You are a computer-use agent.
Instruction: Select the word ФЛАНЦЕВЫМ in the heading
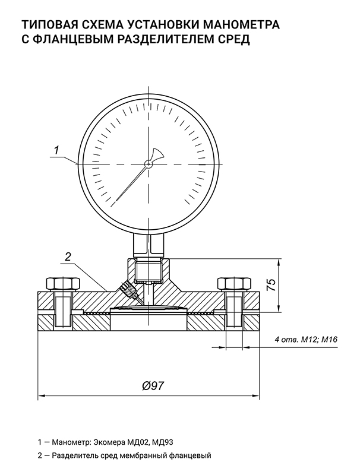pos(71,39)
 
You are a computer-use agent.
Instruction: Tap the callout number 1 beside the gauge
pos(56,150)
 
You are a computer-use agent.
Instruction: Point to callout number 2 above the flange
pos(68,256)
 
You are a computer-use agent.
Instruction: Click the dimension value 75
pos(271,286)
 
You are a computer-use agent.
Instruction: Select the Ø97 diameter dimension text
pos(153,385)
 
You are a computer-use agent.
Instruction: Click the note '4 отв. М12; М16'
pos(306,339)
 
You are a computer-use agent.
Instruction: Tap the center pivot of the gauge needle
pos(148,164)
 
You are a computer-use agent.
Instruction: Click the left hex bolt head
pos(63,284)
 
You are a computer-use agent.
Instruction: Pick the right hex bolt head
pos(234,284)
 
